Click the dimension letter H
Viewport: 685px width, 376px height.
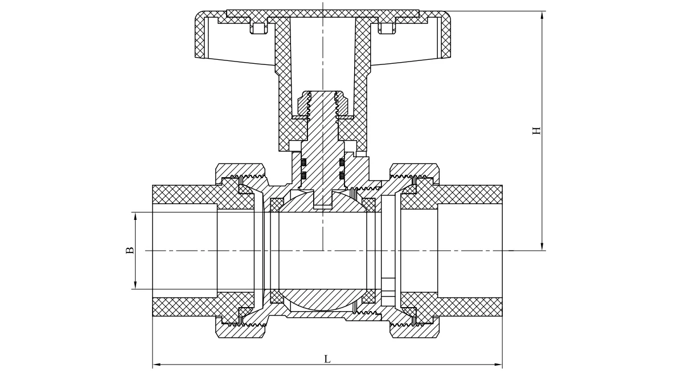[x=536, y=130]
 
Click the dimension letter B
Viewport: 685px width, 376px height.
[x=130, y=250]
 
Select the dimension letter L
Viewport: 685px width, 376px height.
[x=327, y=359]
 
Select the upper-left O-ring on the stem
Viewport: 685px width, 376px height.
[x=303, y=162]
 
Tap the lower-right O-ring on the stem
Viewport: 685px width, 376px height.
[x=342, y=175]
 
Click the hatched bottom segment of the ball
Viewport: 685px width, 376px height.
[x=323, y=300]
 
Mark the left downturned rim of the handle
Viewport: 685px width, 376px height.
[x=199, y=37]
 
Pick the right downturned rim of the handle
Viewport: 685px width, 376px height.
[x=446, y=37]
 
